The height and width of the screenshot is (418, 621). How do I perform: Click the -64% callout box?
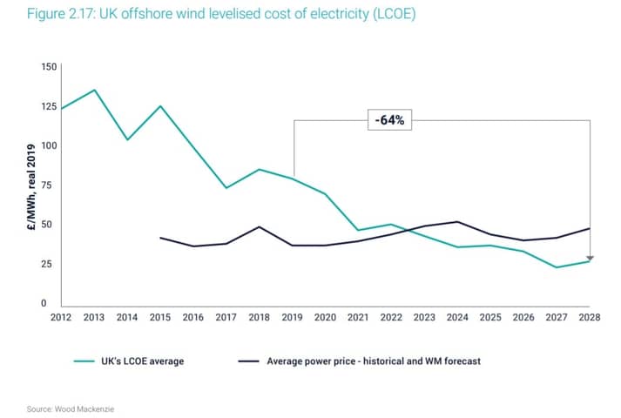click(x=389, y=120)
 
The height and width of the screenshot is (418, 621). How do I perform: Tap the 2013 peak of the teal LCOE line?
click(x=94, y=90)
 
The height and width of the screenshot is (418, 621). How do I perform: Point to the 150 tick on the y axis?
click(x=49, y=66)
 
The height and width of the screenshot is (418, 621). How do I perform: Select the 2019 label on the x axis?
click(x=292, y=317)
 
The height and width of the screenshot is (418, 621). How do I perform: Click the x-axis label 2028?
click(x=590, y=317)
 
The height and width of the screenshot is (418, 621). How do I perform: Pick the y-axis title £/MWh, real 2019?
click(x=31, y=187)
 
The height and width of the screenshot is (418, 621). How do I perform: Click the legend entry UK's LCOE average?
click(x=129, y=361)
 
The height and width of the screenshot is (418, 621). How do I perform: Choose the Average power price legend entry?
click(x=359, y=361)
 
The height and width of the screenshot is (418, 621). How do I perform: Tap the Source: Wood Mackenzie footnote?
click(x=70, y=409)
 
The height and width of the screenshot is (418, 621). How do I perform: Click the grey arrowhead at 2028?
click(x=590, y=259)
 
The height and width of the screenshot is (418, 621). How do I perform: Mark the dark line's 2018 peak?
click(x=259, y=226)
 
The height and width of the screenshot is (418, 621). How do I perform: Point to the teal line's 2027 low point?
click(x=557, y=267)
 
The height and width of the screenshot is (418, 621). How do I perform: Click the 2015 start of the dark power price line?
click(x=160, y=238)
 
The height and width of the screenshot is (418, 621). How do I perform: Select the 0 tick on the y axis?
click(x=44, y=303)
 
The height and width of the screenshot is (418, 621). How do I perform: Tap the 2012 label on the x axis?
click(x=61, y=317)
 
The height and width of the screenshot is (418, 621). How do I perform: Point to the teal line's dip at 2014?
click(x=127, y=139)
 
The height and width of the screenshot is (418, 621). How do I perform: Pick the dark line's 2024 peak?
click(x=457, y=222)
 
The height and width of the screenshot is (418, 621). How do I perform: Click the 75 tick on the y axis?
click(x=46, y=185)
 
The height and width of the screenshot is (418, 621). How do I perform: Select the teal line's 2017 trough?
click(x=226, y=187)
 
